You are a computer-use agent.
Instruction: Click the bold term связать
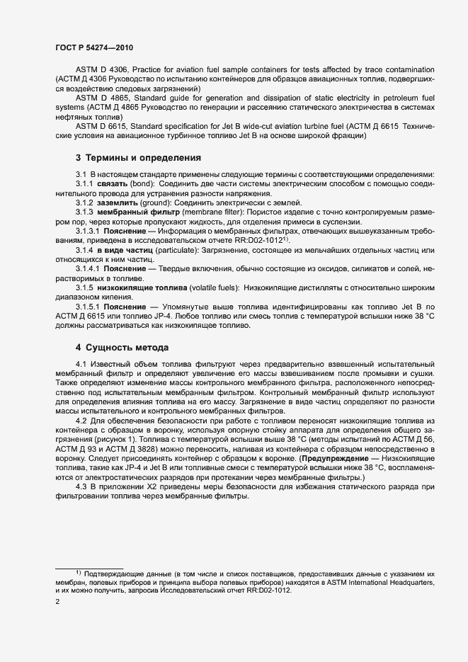pos(113,183)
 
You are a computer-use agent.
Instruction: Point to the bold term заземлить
pos(118,202)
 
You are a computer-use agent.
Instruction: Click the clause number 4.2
pos(81,421)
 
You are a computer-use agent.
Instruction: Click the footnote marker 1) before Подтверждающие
pos(79,571)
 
